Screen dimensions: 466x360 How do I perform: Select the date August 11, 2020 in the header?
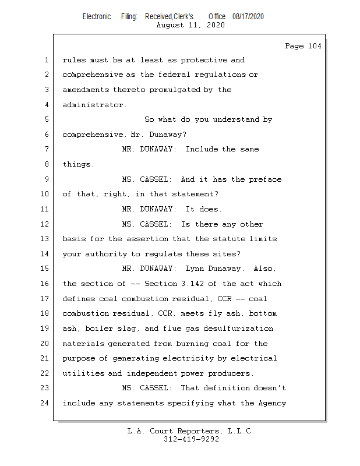[190, 25]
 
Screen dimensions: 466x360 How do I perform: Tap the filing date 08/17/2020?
[248, 16]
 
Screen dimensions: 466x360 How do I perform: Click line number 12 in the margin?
[45, 224]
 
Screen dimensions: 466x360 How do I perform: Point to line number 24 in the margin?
[45, 403]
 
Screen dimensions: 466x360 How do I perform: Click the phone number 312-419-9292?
[191, 440]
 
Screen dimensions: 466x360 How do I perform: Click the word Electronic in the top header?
[97, 16]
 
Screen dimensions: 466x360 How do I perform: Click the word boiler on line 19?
[100, 329]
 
